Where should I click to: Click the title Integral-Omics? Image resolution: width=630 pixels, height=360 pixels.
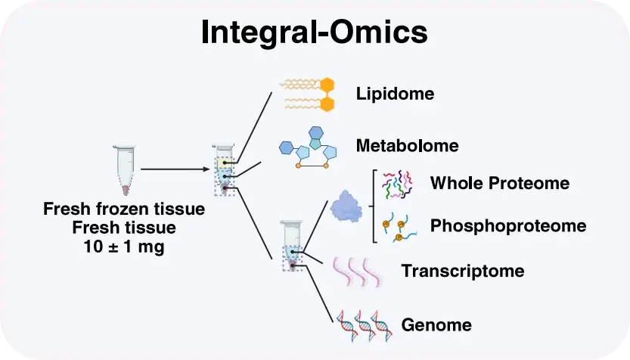coord(315,33)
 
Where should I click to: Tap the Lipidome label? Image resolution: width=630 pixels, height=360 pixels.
coord(395,94)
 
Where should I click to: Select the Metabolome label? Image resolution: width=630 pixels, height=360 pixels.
coord(408,144)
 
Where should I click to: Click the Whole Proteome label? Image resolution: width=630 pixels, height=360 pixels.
coord(499,183)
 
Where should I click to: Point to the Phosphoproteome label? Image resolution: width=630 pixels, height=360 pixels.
coord(507,225)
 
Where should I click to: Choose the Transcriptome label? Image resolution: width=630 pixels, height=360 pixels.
coord(463,270)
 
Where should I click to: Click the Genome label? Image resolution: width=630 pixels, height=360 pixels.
coord(436,325)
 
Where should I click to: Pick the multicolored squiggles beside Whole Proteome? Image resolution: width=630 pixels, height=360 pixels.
coord(397,184)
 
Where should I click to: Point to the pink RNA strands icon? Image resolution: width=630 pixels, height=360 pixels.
coord(355,270)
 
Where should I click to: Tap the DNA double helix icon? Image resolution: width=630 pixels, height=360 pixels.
coord(364,324)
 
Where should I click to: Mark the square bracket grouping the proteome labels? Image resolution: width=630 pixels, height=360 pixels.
coord(373,205)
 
